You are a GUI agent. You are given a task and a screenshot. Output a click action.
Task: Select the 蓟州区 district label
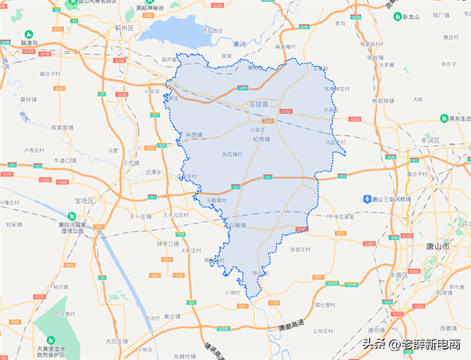[125, 27]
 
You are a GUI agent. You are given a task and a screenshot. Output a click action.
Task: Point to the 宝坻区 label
[84, 201]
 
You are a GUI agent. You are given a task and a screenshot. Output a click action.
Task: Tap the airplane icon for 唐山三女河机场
[367, 198]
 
